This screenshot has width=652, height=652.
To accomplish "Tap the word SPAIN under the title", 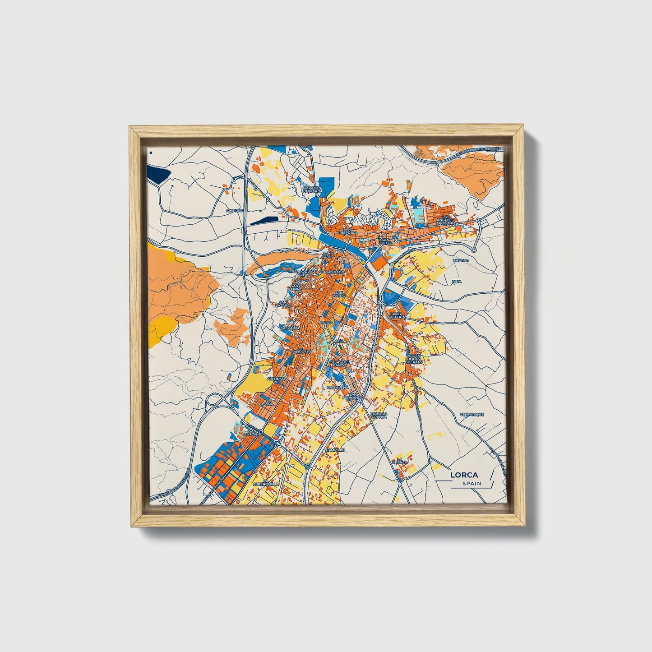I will point(471,484).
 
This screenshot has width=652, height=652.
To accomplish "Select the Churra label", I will point(461,260).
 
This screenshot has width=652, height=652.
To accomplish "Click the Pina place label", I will point(457,282).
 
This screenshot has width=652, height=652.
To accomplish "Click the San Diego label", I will point(385,241).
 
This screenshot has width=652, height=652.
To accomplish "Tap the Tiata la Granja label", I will point(379,415).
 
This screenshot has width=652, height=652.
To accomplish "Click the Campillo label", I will point(335,450).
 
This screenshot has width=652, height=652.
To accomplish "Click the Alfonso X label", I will point(277,379).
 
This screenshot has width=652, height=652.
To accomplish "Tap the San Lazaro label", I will point(284,304).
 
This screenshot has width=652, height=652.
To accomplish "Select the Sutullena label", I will point(338,387).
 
